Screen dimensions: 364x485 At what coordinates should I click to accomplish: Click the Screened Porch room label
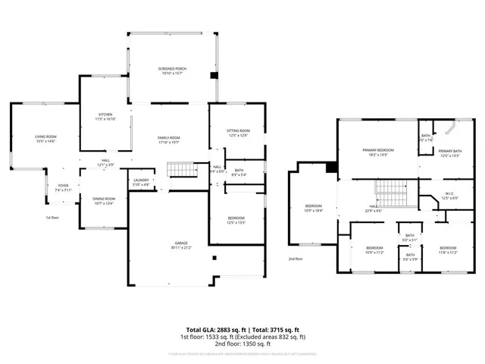point(173,71)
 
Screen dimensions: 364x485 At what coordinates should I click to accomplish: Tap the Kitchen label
point(105,117)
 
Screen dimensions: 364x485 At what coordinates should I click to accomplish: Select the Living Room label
point(45,139)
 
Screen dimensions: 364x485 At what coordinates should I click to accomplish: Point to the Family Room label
point(168,140)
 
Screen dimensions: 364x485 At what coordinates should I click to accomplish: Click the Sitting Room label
point(238,133)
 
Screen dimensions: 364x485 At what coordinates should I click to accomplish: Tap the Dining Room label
point(104,201)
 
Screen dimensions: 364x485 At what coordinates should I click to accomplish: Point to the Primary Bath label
point(449,153)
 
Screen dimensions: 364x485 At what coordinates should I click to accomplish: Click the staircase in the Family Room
point(177,169)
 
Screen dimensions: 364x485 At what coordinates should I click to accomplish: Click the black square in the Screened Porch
point(214,74)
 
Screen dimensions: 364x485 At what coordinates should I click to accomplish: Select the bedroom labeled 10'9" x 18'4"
point(314,209)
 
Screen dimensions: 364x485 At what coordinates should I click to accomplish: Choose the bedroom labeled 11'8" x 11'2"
point(447,250)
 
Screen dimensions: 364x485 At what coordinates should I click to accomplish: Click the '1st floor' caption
point(52,218)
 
